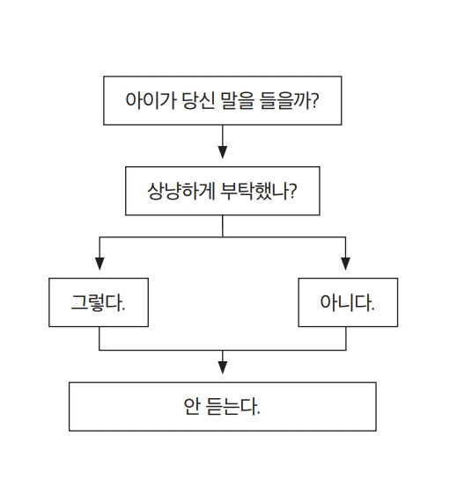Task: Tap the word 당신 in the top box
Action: click(195, 103)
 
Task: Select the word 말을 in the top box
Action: click(233, 103)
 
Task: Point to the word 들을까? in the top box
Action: click(286, 103)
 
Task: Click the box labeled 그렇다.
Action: click(98, 303)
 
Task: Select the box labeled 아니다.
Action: click(347, 303)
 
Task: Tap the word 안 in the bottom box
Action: click(193, 407)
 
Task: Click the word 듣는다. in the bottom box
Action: click(233, 407)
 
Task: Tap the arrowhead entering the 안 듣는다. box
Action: click(223, 367)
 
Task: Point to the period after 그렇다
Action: click(122, 309)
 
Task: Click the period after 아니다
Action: click(372, 309)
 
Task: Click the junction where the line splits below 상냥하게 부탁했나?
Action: click(223, 236)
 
